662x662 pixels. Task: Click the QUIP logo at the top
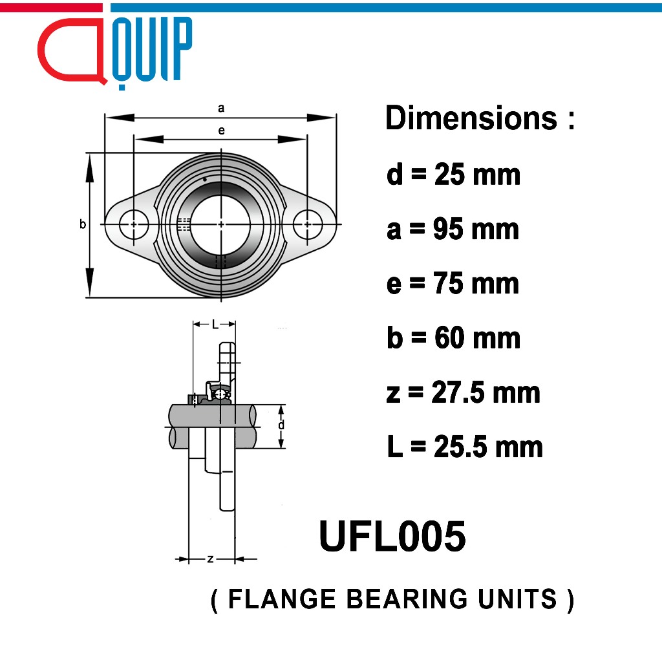[x=115, y=50]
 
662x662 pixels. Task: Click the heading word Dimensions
[x=471, y=119]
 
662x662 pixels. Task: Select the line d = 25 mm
[x=453, y=175]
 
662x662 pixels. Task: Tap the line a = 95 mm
[x=453, y=230]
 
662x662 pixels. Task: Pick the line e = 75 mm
[x=453, y=284]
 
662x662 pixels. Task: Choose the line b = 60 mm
[x=453, y=338]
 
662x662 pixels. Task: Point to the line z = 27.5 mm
[x=463, y=392]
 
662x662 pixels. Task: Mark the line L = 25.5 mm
[x=465, y=447]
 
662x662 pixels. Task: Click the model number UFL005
[x=392, y=537]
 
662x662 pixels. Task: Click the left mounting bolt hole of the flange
[x=134, y=224]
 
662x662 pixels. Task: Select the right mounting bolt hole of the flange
[x=308, y=224]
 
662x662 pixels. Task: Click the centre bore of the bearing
[x=221, y=224]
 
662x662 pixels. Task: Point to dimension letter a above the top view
[x=221, y=109]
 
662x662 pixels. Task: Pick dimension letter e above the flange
[x=221, y=131]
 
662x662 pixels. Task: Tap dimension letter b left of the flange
[x=82, y=224]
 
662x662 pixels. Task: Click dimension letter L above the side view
[x=215, y=325]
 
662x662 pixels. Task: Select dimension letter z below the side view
[x=210, y=559]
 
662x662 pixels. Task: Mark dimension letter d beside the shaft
[x=281, y=425]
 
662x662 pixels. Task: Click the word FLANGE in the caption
[x=283, y=599]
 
